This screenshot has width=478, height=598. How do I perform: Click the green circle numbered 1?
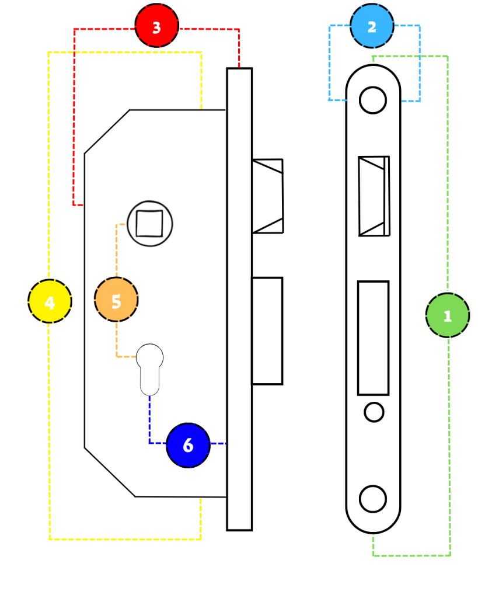coord(448,315)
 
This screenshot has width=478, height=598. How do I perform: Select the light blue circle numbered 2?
coord(372,26)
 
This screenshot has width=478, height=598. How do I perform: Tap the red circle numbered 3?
coord(156,26)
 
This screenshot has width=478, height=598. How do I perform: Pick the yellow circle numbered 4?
coord(50,301)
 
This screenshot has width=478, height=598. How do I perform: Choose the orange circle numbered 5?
coord(116,300)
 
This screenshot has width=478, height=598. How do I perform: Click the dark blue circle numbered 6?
coord(189,445)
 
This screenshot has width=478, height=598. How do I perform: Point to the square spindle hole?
coord(149,224)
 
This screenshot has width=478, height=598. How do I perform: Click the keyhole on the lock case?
coord(150,370)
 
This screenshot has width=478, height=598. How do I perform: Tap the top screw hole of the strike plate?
coord(373,100)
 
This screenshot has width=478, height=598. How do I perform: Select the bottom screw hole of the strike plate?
coord(373,499)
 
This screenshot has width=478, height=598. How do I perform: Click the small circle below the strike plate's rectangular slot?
coord(374,412)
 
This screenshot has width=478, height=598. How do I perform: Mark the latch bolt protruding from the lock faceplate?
coord(267,196)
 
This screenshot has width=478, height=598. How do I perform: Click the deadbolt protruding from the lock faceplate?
coord(267,331)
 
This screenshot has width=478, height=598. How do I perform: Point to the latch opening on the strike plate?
coord(374,196)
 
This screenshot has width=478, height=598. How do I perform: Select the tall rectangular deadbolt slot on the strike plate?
coord(373,338)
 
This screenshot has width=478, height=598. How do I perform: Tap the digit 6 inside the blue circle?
coord(189,445)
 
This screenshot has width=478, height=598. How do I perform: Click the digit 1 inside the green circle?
coord(448,316)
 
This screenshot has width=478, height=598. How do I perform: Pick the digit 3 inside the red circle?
coord(156,27)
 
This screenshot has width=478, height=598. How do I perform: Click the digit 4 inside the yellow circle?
coord(50,303)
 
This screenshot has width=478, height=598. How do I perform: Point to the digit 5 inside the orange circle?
coord(116,301)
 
